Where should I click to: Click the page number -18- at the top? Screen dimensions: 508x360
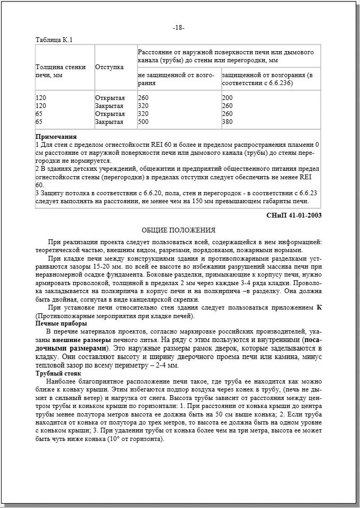point(179,28)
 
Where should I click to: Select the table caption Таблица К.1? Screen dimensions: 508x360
point(54,40)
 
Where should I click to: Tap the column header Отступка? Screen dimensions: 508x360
point(110,68)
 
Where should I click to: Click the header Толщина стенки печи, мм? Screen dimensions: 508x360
point(60,71)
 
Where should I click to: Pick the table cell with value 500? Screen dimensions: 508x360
point(143,122)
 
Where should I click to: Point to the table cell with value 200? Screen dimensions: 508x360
point(228,98)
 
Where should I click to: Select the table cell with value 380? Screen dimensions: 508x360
point(228,122)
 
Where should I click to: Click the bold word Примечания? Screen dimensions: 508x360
point(56,137)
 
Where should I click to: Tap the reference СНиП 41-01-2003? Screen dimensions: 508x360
point(294,215)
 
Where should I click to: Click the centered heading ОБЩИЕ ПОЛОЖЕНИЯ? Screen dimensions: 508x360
point(179,230)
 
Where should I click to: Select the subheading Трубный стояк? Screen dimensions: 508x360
point(59,374)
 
